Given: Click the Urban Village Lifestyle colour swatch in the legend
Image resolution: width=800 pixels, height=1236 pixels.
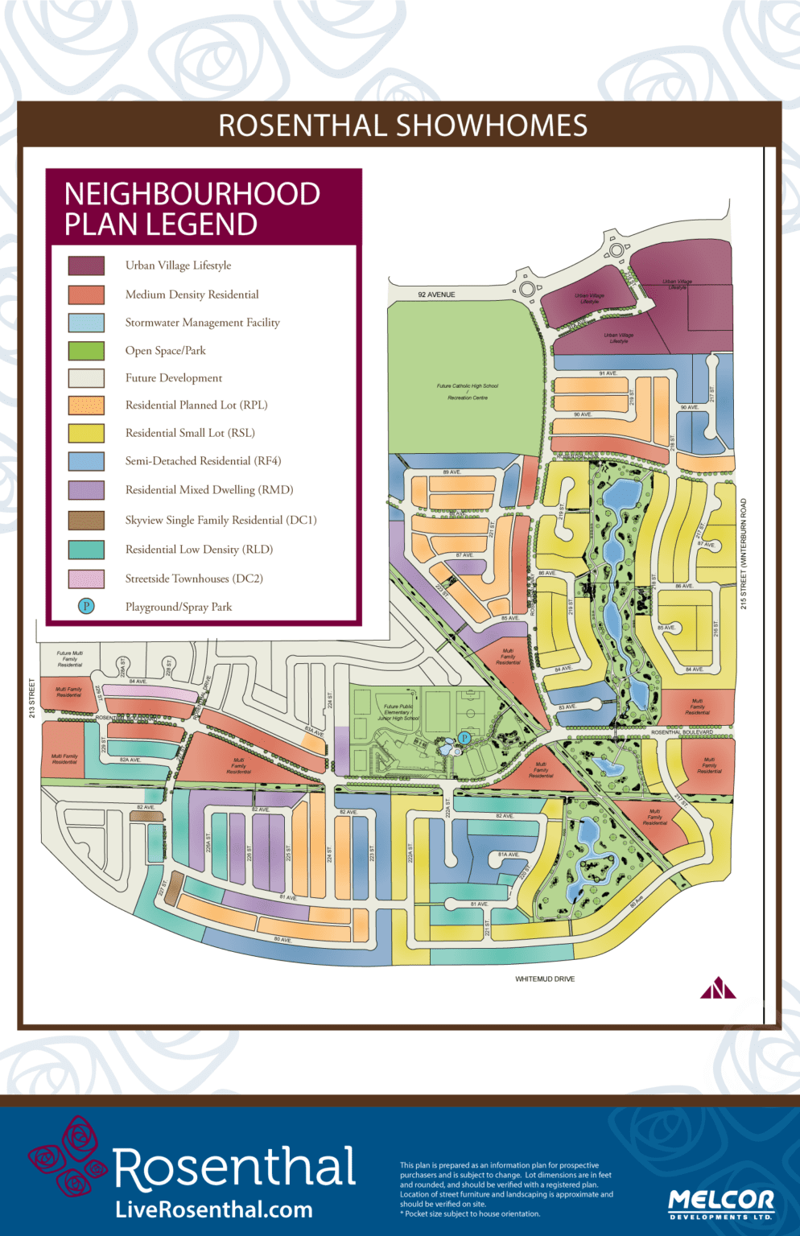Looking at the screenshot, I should point(86,266).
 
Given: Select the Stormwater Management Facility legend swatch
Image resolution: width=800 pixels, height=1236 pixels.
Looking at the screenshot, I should point(86,323).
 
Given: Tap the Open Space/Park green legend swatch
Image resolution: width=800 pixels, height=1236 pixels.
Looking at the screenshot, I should point(86,351).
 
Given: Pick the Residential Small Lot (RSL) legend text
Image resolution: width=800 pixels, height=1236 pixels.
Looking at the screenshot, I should point(190,433).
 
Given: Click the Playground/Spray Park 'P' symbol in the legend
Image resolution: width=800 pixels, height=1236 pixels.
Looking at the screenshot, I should point(86,607).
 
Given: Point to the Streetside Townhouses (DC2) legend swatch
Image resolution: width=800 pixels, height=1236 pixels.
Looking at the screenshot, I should point(86,579).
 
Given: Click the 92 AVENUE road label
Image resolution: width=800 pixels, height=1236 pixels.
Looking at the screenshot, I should point(436,295).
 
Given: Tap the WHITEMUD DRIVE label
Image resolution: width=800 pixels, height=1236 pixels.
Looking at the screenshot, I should point(545,979).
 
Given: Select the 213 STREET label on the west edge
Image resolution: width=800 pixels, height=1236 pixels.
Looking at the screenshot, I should point(32,698).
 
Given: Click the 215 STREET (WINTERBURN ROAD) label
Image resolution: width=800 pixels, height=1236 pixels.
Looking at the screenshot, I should point(744,554).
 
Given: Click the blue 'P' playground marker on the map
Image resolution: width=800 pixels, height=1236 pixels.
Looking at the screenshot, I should point(464,738).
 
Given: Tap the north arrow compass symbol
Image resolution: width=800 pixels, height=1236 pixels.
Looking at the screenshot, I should point(717,988).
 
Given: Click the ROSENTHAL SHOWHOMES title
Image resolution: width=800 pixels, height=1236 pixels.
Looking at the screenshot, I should point(402,126).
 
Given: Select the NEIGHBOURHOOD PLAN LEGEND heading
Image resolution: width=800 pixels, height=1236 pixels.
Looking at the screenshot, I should point(192,208).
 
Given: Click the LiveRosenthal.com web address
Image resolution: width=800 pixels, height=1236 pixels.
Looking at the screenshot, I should point(214,1209).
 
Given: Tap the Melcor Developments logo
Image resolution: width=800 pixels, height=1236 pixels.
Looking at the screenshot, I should point(720,1204).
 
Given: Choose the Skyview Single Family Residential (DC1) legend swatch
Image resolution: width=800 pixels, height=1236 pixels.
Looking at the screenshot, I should point(86,521).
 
